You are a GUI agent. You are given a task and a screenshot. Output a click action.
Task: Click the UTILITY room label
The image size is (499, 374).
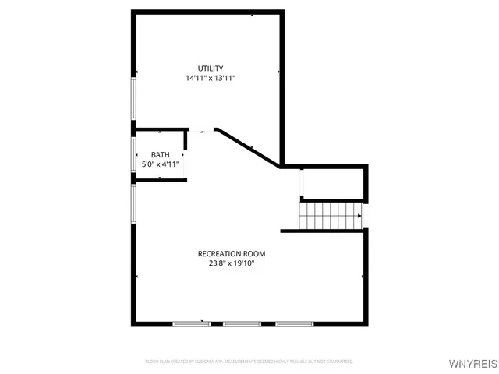(x=211, y=69)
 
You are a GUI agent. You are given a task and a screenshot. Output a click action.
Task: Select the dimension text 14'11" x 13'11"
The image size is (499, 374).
(x=211, y=79)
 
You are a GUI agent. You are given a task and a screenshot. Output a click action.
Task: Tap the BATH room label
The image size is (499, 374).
(x=160, y=154)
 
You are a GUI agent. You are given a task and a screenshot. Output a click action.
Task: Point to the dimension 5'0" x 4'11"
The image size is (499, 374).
(x=161, y=164)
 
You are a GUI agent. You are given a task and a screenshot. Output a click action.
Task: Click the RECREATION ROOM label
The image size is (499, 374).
(x=232, y=254)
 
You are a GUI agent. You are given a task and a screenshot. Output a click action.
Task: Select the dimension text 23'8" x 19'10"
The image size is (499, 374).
(x=232, y=264)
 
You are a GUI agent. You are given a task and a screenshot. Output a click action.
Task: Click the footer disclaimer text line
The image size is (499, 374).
(x=249, y=362)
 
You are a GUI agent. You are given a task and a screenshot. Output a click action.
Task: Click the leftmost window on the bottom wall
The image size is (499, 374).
(x=192, y=323)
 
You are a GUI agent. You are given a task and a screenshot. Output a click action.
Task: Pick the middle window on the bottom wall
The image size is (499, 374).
(x=242, y=323)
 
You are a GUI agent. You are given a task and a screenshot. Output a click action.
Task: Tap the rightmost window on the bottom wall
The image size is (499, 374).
(x=294, y=323)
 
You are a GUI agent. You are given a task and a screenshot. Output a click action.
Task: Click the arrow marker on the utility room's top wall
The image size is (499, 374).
(x=251, y=15)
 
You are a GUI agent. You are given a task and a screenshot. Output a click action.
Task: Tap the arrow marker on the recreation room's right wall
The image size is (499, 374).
(x=363, y=277)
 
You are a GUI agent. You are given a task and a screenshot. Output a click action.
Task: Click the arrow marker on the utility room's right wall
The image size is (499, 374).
(x=278, y=72)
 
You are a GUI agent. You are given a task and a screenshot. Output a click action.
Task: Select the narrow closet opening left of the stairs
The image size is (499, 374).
(x=302, y=183)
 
